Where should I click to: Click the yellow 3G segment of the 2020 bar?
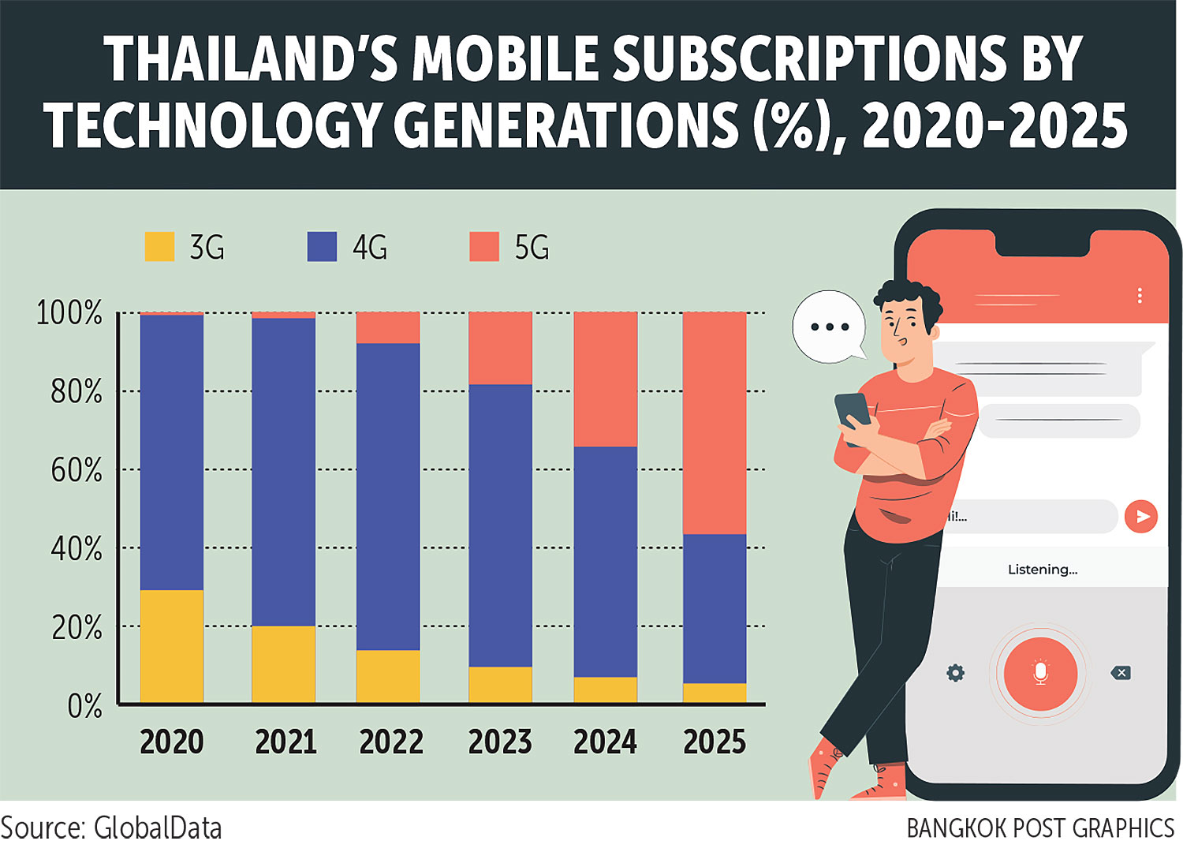171,646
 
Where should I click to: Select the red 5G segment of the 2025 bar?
714,423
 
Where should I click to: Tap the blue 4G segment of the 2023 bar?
500,525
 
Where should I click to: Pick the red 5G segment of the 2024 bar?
605,379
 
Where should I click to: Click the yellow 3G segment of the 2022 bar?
387,676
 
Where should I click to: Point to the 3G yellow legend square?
159,247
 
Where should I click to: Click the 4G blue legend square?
322,247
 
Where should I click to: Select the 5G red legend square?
484,247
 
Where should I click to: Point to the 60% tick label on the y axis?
77,470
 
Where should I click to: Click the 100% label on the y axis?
69,313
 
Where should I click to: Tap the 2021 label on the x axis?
285,742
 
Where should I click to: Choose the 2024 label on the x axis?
605,742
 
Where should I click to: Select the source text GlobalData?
158,828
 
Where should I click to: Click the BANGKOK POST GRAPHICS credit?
1040,828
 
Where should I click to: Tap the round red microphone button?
1040,674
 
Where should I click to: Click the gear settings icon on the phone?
955,673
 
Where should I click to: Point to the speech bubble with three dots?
829,327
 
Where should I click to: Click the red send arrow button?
1140,517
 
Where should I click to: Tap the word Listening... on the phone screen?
1042,570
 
